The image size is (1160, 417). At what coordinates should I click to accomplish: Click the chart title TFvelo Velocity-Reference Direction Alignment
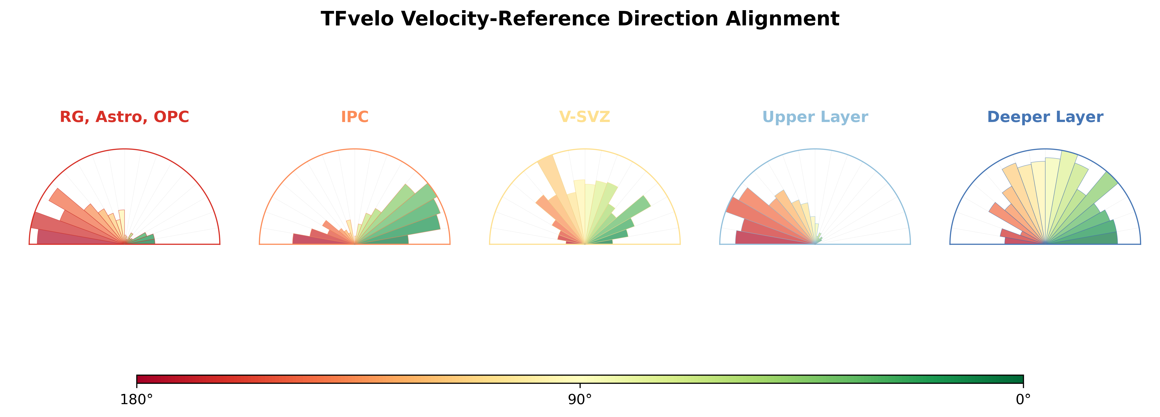tap(580, 19)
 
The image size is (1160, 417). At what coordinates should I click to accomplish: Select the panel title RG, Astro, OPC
tap(124, 117)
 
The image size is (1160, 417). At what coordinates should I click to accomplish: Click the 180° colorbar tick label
tap(137, 400)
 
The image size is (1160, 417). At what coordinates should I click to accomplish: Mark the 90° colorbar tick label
tap(580, 400)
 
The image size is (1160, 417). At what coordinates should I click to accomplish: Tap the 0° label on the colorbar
tap(1023, 400)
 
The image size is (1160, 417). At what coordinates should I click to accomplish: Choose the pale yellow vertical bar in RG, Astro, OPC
tap(122, 225)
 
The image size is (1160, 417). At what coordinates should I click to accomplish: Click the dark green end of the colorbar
tap(1019, 379)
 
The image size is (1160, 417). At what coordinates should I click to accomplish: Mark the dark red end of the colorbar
tap(141, 379)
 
